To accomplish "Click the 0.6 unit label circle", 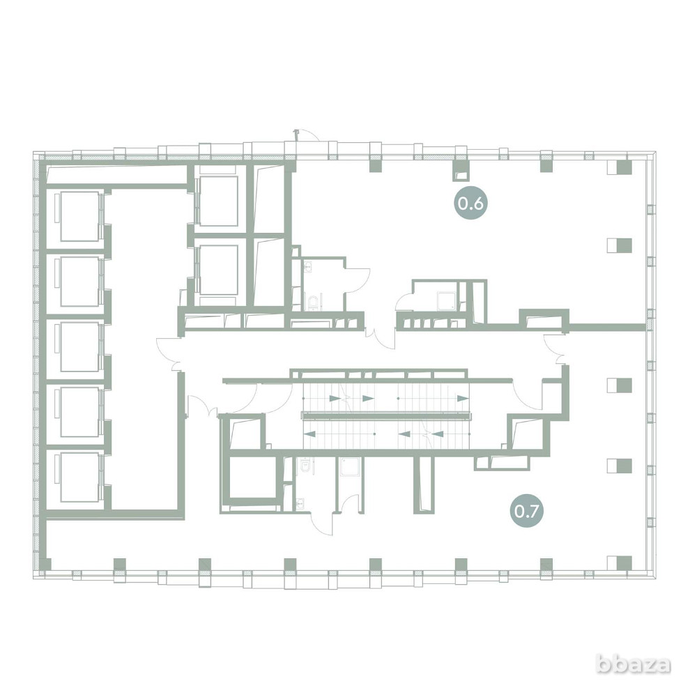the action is [x=470, y=204].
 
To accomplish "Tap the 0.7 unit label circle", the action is [x=527, y=512].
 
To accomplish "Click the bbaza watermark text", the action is [x=633, y=664].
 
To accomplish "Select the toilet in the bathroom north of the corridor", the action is [x=314, y=302].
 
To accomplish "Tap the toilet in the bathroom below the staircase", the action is [x=305, y=466].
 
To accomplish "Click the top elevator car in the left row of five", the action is [x=79, y=217].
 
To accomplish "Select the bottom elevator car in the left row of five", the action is [x=79, y=477].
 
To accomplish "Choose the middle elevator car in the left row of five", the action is [x=79, y=346].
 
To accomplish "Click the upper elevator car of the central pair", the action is [x=219, y=201].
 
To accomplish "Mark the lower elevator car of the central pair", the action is [x=219, y=270].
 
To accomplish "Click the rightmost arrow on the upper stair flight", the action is [x=463, y=398].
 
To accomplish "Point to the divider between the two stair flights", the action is [x=386, y=416].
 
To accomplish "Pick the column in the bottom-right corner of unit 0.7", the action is [x=620, y=563].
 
